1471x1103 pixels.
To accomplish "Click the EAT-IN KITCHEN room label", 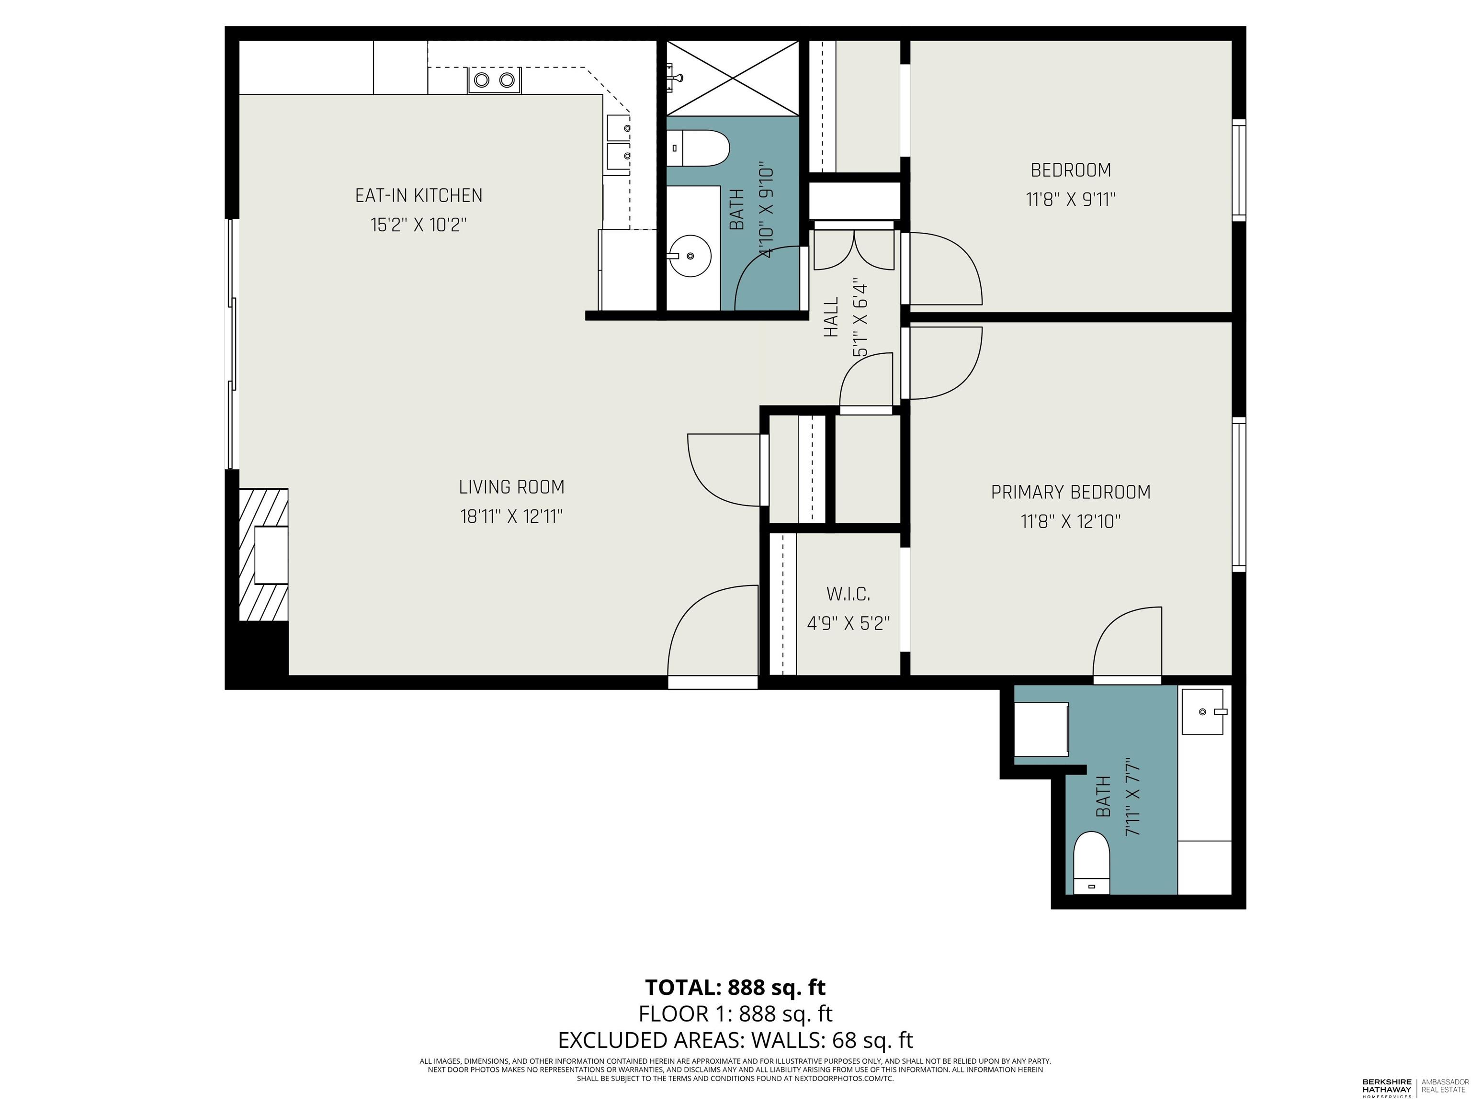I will click(419, 195).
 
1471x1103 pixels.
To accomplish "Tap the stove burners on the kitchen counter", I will click(494, 80).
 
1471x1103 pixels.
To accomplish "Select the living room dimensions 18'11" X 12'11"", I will click(511, 517).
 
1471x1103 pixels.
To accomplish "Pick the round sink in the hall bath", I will click(690, 255).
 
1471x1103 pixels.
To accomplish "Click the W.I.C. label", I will click(848, 594).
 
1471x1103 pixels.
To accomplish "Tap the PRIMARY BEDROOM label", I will click(1070, 492).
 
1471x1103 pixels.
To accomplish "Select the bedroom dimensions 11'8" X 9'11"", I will click(1070, 200).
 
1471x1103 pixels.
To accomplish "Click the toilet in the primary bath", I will click(1091, 862).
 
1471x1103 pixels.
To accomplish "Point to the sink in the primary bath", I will click(1202, 712).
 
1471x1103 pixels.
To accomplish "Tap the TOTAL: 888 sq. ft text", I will click(735, 987).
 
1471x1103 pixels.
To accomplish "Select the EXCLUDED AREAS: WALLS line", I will click(735, 1039).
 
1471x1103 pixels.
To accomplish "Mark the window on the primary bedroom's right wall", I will click(1238, 494).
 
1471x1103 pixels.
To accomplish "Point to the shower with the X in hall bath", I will click(732, 79).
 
